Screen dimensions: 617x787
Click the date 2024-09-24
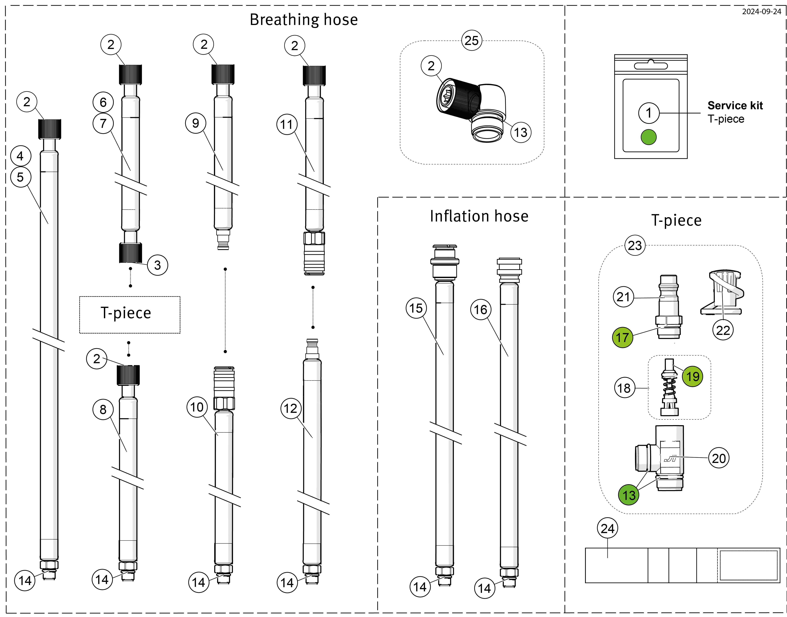coord(761,11)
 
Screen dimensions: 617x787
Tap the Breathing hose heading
coord(303,20)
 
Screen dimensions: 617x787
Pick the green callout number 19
coord(692,376)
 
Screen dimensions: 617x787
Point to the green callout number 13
coord(629,495)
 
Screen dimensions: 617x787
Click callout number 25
coord(471,40)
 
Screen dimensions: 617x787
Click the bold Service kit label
coord(735,105)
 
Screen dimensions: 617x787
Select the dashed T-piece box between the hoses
coord(130,315)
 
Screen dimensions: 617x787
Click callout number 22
coord(723,330)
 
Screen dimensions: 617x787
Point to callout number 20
coord(719,458)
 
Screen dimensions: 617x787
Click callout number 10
coord(197,407)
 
